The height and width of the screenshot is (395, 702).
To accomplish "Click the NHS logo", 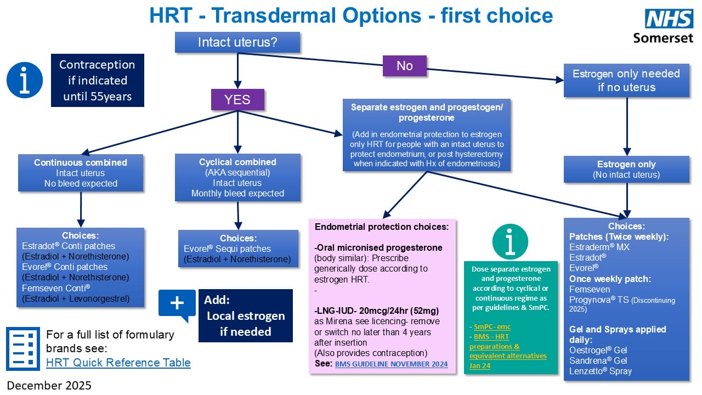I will click(669, 19).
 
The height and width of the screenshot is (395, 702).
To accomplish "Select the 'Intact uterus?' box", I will click(237, 42).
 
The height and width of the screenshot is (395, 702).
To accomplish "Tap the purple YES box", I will click(237, 99).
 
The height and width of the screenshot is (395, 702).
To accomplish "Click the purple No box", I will click(404, 66).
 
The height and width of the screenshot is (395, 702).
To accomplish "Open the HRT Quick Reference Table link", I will click(118, 363).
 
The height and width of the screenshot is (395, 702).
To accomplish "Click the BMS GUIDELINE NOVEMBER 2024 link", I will click(391, 364).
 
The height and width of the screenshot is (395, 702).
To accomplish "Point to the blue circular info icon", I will click(25, 80).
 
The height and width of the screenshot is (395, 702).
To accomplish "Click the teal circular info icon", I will click(510, 242).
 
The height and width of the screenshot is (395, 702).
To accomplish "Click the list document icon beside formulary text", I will click(23, 348).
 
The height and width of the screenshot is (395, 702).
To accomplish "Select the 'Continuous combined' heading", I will click(81, 162).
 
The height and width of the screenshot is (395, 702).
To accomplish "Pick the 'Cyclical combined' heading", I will click(237, 162).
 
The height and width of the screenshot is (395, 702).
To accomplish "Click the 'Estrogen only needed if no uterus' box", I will click(626, 80).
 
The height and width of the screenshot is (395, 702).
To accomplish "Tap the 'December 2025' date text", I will click(49, 385).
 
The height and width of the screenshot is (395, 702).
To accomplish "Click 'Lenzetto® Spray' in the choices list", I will click(601, 371).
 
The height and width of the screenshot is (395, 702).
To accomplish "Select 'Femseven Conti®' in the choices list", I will click(56, 287).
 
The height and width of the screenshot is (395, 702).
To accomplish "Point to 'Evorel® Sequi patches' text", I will click(227, 249).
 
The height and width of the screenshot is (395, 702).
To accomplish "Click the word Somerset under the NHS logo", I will click(663, 38).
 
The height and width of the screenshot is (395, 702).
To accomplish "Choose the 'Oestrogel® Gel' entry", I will click(598, 350).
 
